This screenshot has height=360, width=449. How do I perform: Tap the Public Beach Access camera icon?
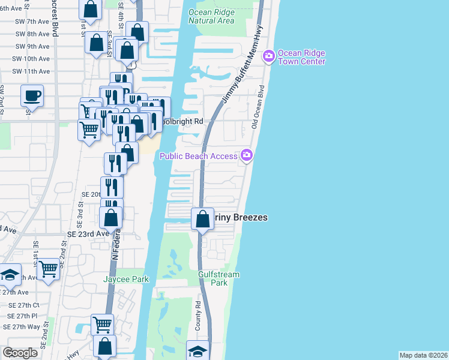247,156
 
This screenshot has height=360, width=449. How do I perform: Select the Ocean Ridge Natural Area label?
211,16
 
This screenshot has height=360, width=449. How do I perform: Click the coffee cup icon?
32,95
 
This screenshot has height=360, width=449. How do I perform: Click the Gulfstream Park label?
219,278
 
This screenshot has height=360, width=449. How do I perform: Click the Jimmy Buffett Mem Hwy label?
241,65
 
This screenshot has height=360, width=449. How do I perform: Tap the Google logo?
20,353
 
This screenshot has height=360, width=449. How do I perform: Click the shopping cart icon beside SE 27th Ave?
49,269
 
